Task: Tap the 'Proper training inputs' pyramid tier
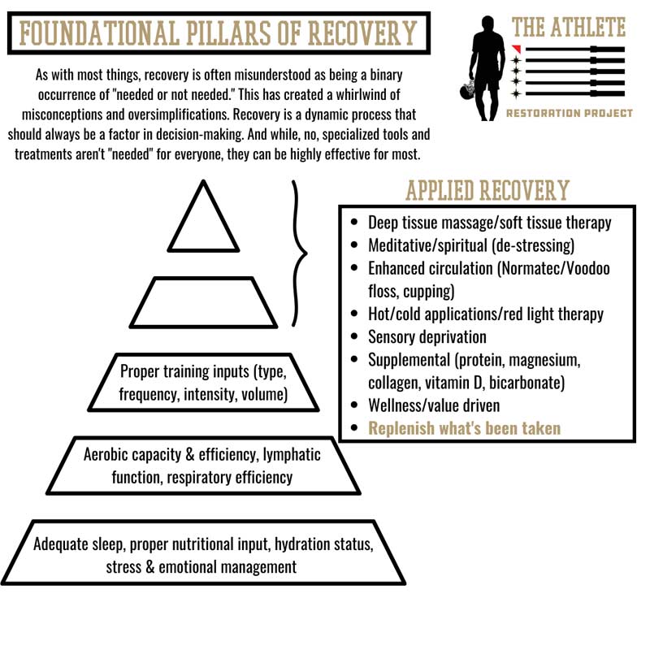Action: click(x=203, y=384)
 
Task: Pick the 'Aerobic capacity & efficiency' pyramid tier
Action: click(x=203, y=466)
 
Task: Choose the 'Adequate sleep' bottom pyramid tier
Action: click(x=203, y=555)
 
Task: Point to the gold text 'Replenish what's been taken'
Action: click(x=465, y=428)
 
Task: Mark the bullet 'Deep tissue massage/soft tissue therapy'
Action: click(x=489, y=222)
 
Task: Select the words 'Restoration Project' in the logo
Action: click(x=569, y=113)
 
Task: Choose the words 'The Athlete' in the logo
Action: click(x=569, y=26)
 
